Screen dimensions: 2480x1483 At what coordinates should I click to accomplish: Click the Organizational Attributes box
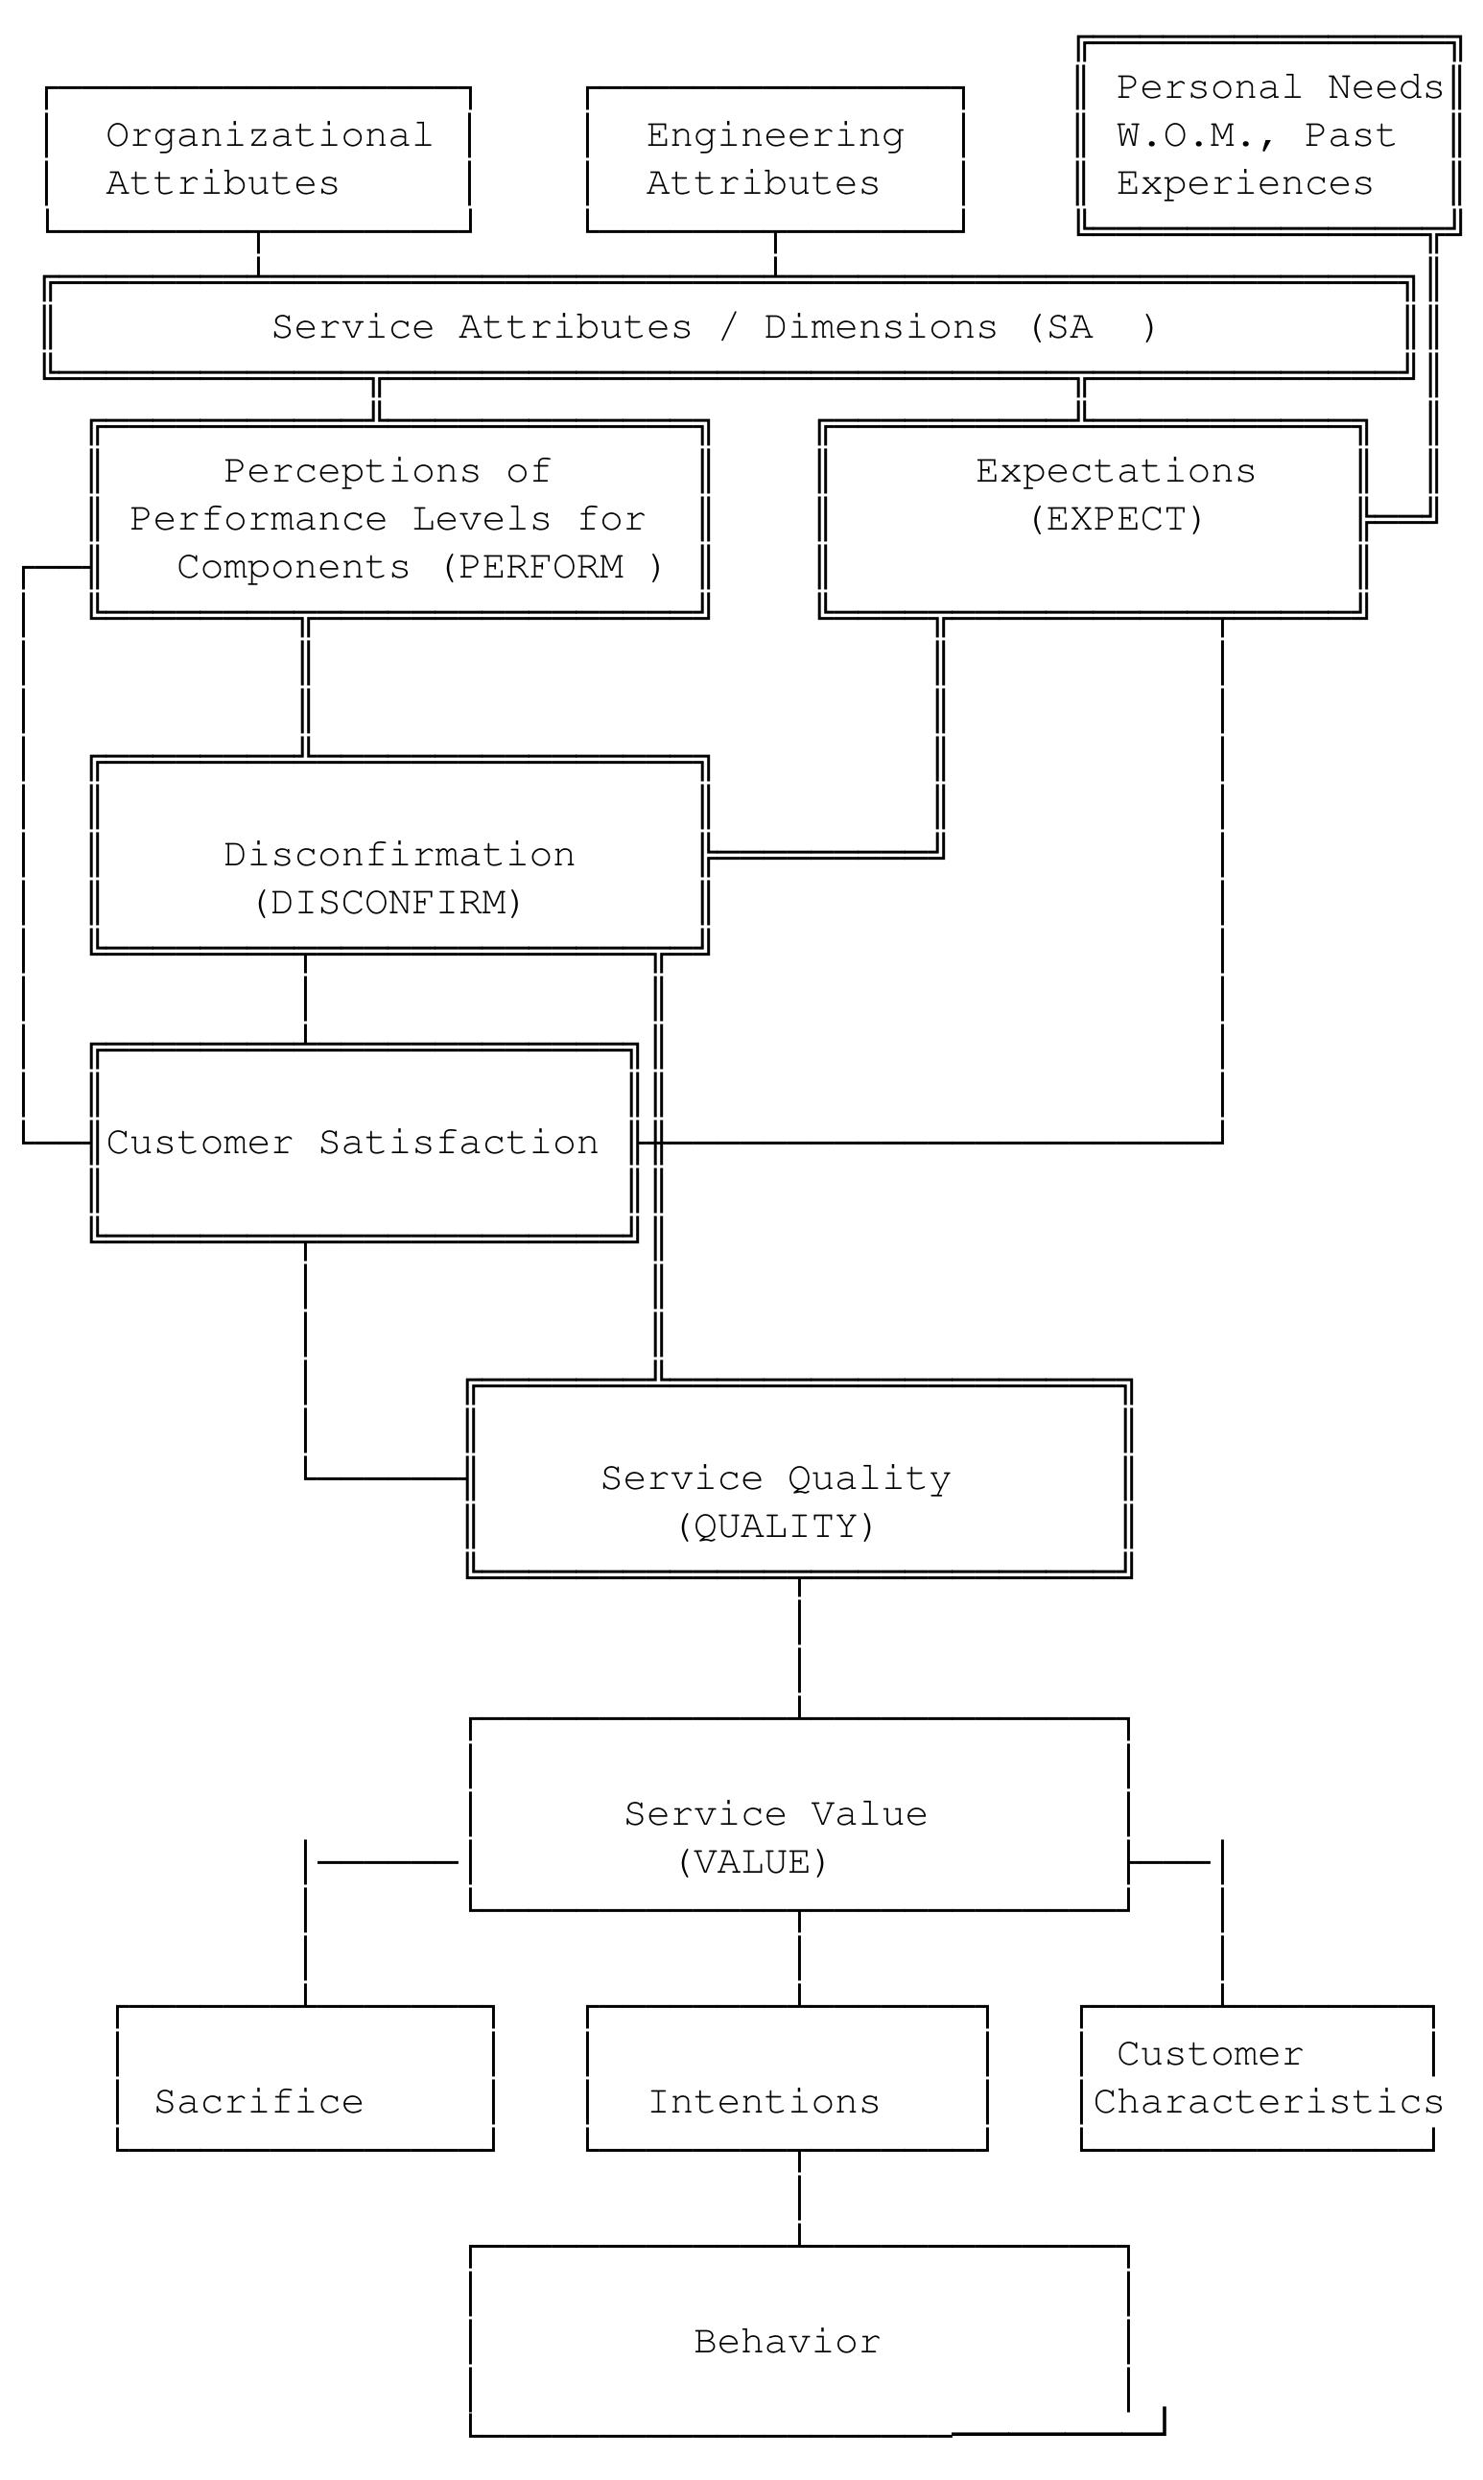[x=258, y=160]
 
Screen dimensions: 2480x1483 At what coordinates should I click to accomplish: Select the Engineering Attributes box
[x=774, y=160]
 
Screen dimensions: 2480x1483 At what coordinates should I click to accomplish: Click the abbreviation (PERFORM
[x=532, y=568]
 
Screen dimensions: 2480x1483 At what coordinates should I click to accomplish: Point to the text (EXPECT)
[x=1117, y=520]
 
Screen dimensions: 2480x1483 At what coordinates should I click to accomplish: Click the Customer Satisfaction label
[x=352, y=1143]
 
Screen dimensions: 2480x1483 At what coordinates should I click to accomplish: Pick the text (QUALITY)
[x=775, y=1526]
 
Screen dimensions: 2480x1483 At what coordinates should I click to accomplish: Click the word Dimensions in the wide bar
[x=881, y=328]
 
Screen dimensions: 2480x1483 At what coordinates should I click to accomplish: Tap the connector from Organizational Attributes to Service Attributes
[x=258, y=254]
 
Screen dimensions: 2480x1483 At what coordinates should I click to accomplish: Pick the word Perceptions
[x=352, y=472]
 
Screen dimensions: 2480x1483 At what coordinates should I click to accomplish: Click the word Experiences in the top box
[x=1244, y=184]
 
